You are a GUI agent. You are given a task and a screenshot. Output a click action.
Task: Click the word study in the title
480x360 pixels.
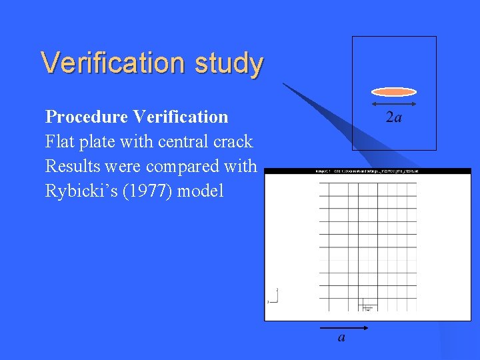(229, 64)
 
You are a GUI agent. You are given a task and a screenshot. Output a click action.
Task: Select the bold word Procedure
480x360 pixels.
(86, 117)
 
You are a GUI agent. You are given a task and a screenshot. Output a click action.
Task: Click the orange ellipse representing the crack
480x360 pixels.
(393, 92)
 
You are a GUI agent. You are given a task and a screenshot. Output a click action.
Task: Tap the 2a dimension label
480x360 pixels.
(394, 118)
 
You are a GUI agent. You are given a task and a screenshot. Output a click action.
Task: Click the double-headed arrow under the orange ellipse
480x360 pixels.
(393, 105)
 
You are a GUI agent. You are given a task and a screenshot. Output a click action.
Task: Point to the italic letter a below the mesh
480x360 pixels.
(342, 338)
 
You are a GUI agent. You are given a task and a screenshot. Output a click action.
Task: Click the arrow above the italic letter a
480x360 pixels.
(341, 329)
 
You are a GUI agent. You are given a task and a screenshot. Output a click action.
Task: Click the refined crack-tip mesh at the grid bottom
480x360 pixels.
(368, 307)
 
